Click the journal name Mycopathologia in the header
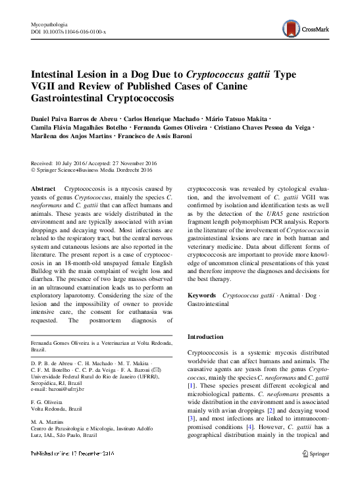pos(50,25)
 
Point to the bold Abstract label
pos(43,188)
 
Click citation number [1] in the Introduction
pos(192,384)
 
